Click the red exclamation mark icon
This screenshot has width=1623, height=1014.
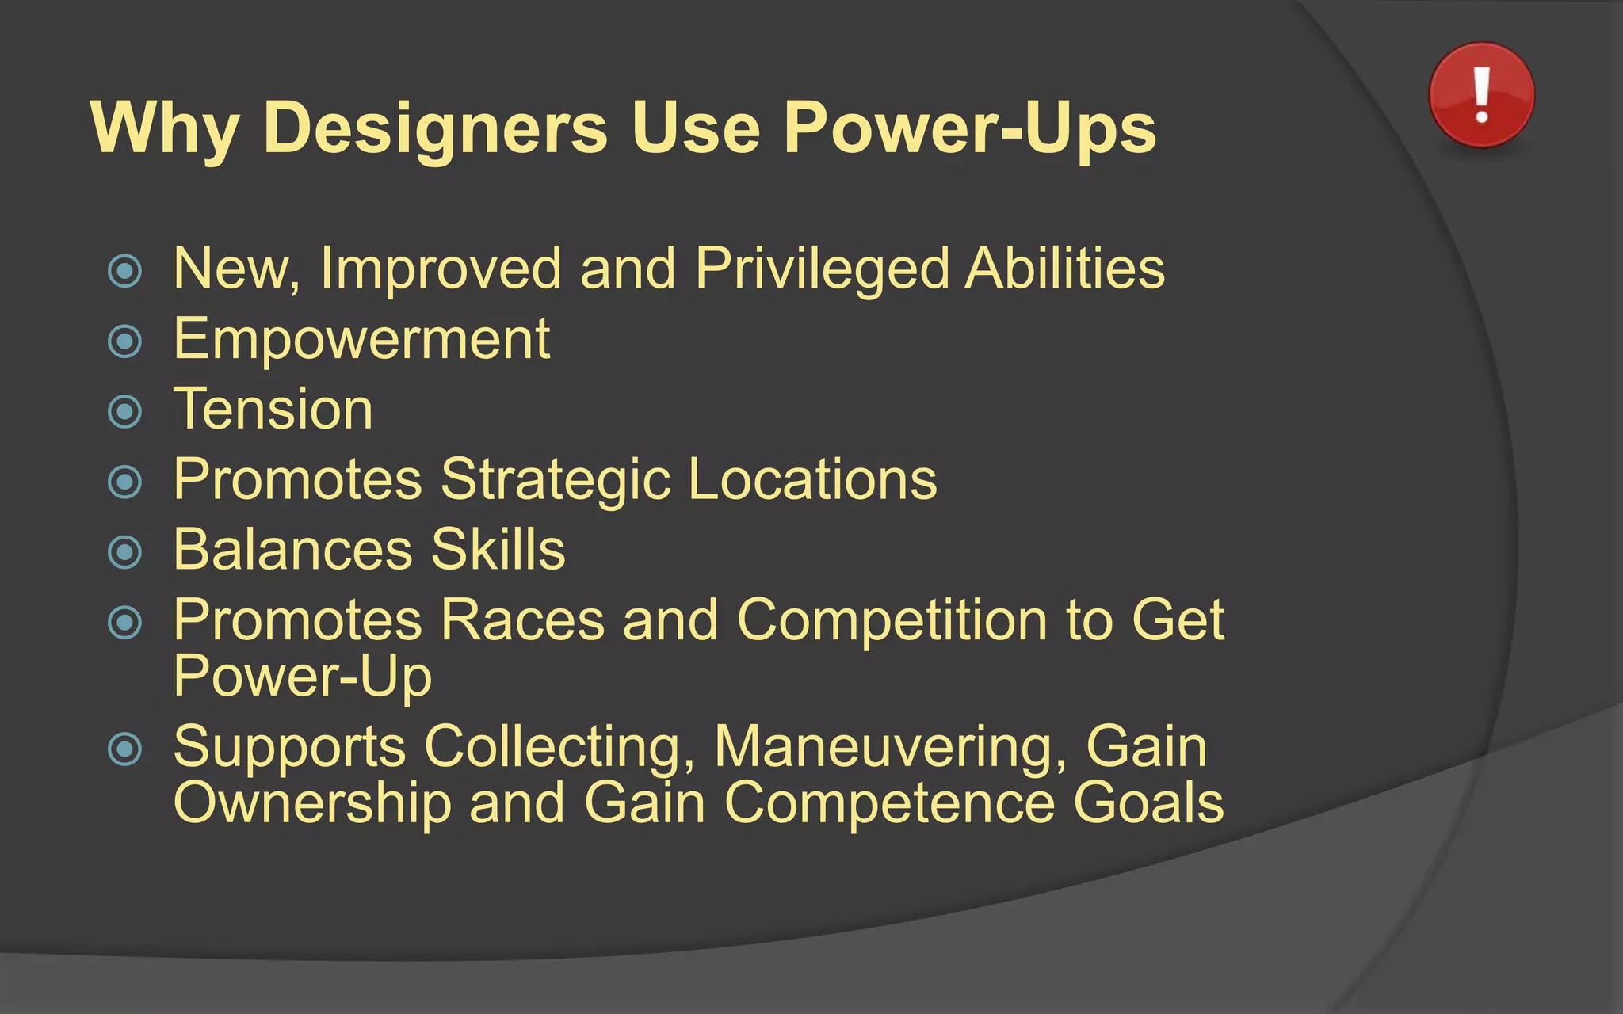[x=1481, y=95]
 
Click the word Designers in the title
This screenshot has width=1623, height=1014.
[x=435, y=128]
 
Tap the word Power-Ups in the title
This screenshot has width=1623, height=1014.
[x=969, y=128]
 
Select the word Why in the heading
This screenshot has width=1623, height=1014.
[x=165, y=128]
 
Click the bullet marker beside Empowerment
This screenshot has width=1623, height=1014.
[x=124, y=342]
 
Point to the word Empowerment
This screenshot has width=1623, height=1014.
[x=361, y=339]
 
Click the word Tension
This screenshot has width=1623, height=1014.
[x=273, y=410]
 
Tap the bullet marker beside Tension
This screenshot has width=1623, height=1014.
[x=124, y=412]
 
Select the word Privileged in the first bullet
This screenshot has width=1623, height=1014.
[x=822, y=269]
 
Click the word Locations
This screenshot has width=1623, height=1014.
[x=812, y=479]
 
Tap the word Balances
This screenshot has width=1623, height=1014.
[x=292, y=550]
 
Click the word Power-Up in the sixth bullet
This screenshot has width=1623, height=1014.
[x=302, y=677]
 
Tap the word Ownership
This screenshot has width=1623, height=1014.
[x=312, y=802]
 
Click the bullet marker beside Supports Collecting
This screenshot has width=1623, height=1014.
[x=124, y=749]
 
